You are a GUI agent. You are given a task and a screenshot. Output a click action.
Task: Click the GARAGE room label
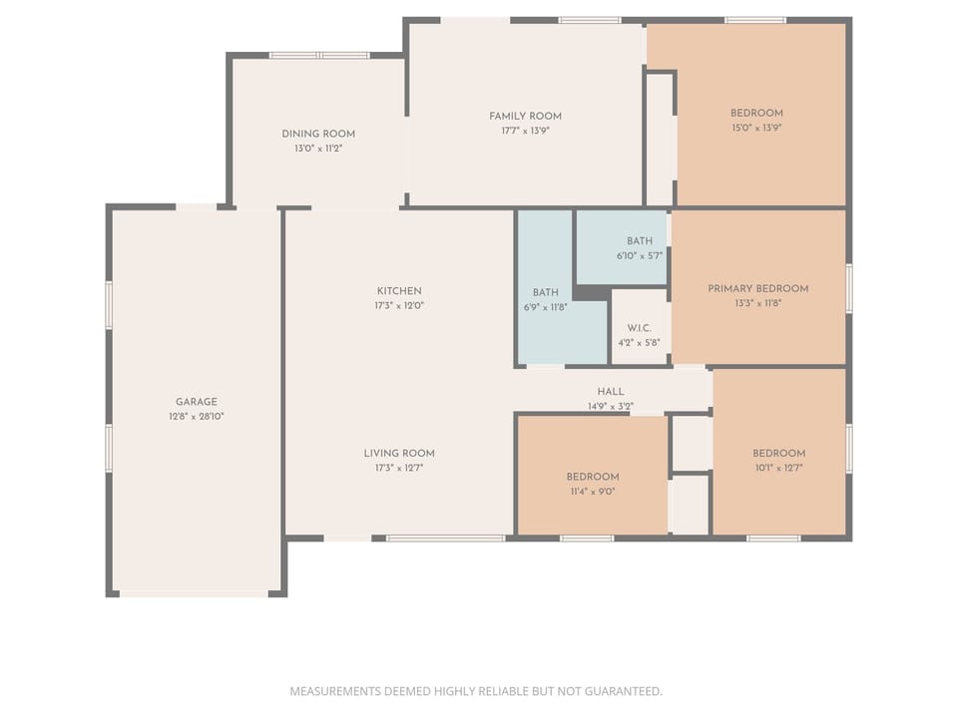196,402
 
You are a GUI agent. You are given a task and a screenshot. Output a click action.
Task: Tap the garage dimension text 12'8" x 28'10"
196,416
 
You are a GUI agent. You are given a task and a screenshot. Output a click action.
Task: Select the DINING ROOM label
318,134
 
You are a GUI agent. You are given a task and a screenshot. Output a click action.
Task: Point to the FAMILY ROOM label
525,116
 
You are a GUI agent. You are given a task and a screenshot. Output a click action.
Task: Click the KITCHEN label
398,291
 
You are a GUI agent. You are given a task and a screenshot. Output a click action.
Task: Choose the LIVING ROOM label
398,453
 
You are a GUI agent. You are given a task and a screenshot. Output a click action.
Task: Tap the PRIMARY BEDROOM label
757,288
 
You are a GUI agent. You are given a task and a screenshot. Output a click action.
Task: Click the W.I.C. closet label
639,328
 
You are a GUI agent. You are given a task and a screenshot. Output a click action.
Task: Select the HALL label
610,392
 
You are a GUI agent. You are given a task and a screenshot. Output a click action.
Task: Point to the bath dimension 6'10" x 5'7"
639,255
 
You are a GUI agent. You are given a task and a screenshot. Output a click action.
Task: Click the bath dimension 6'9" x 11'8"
545,307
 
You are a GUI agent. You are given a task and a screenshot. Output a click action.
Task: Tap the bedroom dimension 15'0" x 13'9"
755,128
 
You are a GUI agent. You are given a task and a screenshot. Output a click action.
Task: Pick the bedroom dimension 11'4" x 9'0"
593,491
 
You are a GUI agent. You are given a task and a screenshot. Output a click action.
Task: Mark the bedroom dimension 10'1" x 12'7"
778,467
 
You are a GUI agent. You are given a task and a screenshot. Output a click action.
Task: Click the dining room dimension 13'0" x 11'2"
318,149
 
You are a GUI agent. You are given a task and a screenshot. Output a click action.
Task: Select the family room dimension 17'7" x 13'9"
525,131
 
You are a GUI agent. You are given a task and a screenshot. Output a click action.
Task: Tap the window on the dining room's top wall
319,55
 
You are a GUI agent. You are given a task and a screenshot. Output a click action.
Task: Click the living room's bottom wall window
445,538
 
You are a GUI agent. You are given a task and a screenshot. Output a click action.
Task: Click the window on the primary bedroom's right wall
849,288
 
